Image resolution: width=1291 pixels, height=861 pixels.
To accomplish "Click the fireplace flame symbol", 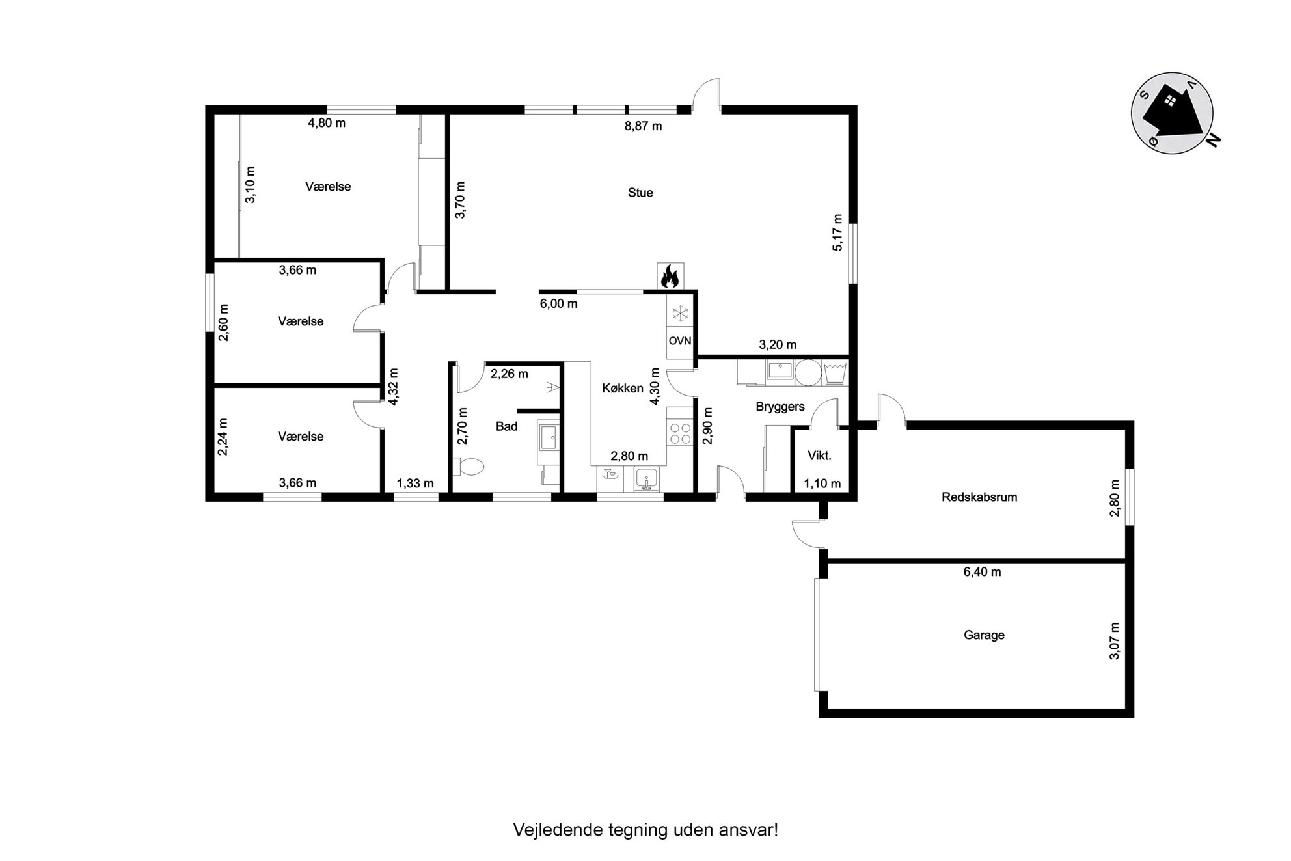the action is [670, 276].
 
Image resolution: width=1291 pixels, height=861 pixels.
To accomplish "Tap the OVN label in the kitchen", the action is [680, 340].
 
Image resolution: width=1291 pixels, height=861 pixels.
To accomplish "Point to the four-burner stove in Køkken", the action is [681, 433].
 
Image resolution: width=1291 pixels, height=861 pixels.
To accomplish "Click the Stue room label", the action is [640, 193].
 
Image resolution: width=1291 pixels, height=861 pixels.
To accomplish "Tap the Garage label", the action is [984, 635].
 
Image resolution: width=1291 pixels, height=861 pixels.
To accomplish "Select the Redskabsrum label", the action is [979, 497].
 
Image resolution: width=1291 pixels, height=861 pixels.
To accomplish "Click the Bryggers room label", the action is [780, 407].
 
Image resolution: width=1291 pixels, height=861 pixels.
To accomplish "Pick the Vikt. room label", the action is [819, 456].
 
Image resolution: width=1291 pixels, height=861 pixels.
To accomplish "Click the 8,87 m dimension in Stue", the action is [644, 126].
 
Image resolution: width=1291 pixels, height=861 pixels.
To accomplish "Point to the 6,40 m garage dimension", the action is [982, 572].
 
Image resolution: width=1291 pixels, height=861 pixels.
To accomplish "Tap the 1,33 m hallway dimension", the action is [415, 484].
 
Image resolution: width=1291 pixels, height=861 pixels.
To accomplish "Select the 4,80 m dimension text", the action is [327, 123].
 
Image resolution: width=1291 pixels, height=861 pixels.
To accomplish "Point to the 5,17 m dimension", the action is [837, 232].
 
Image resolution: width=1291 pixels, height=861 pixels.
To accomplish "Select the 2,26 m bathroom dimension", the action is [510, 374].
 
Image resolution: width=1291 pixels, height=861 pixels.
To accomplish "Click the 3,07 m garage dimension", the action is [1115, 641].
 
